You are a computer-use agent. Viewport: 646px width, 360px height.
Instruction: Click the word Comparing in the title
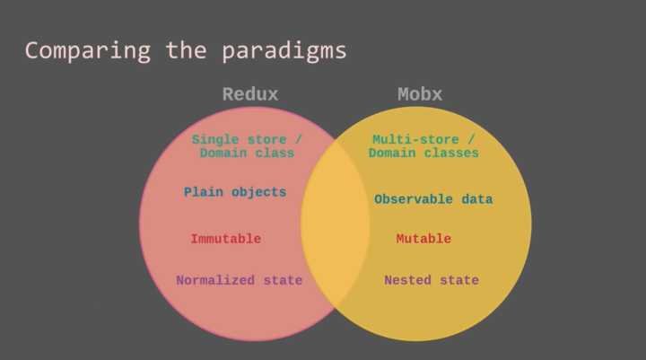88,51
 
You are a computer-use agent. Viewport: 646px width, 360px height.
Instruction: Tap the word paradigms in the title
284,51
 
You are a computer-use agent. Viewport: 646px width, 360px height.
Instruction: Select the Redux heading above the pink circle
250,94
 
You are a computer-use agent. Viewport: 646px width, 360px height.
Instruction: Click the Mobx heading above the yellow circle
420,94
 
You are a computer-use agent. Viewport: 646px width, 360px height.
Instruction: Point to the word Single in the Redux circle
215,140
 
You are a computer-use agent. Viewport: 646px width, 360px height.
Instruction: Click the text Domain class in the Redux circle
248,153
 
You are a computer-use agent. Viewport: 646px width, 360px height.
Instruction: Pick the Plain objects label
235,192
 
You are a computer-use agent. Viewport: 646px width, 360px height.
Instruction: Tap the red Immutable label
226,239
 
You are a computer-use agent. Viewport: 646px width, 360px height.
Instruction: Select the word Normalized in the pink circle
215,280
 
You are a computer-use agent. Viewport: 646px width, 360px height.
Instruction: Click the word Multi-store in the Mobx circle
415,139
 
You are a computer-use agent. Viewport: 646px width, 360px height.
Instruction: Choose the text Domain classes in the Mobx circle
423,153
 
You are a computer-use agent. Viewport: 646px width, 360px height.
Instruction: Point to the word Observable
414,199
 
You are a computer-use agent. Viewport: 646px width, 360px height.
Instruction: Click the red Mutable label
423,239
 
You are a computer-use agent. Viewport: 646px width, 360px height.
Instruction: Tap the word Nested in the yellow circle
408,280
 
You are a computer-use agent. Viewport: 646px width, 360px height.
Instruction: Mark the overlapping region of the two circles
335,224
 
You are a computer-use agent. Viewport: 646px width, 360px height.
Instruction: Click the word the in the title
187,50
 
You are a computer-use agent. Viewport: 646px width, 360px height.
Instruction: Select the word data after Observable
477,199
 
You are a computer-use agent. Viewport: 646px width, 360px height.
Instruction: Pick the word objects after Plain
258,193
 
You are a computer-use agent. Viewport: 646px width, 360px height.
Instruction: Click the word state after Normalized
283,280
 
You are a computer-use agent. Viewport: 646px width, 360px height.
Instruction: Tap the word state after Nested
459,280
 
